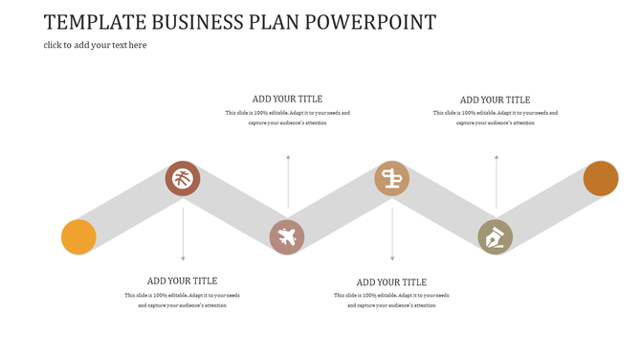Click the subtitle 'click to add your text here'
[x=95, y=45]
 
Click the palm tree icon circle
[x=183, y=178]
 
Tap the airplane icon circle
[x=286, y=236]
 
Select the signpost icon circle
[x=391, y=178]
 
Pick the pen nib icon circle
[x=495, y=236]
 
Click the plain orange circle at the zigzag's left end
[x=78, y=236]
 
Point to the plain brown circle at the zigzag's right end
[x=601, y=178]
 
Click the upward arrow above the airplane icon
[x=288, y=181]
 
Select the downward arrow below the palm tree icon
[x=183, y=234]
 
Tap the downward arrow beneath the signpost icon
[x=391, y=234]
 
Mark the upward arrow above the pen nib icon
[x=496, y=181]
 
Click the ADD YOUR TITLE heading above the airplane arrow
[x=287, y=99]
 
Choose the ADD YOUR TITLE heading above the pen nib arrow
[x=495, y=100]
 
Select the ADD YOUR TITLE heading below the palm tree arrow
[x=182, y=281]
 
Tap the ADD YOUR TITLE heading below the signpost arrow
[x=391, y=282]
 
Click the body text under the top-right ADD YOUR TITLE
[x=495, y=118]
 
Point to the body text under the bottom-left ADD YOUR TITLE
[x=182, y=300]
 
